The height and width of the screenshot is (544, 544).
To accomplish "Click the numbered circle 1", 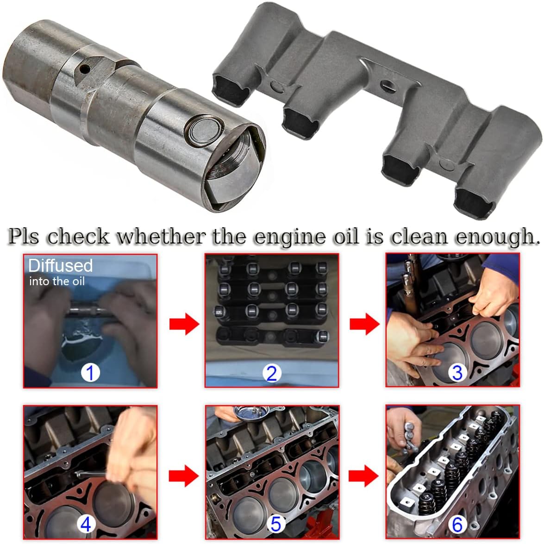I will (90, 372).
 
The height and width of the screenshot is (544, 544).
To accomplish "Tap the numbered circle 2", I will (272, 373).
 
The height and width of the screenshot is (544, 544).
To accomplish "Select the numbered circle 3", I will (457, 372).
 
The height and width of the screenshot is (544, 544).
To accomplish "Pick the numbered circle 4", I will (86, 524).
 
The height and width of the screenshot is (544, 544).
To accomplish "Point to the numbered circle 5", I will (275, 524).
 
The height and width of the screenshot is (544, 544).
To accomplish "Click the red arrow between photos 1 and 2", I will (184, 325).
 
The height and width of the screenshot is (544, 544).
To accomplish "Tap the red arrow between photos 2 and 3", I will (364, 325).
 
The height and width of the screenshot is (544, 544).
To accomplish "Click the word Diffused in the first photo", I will (60, 265).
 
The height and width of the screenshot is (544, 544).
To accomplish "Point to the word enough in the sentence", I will (497, 237).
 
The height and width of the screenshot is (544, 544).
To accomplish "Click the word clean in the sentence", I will (420, 237).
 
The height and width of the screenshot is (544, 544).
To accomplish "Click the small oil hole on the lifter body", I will (84, 71).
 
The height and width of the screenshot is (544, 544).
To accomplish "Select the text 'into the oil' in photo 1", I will (56, 281).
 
